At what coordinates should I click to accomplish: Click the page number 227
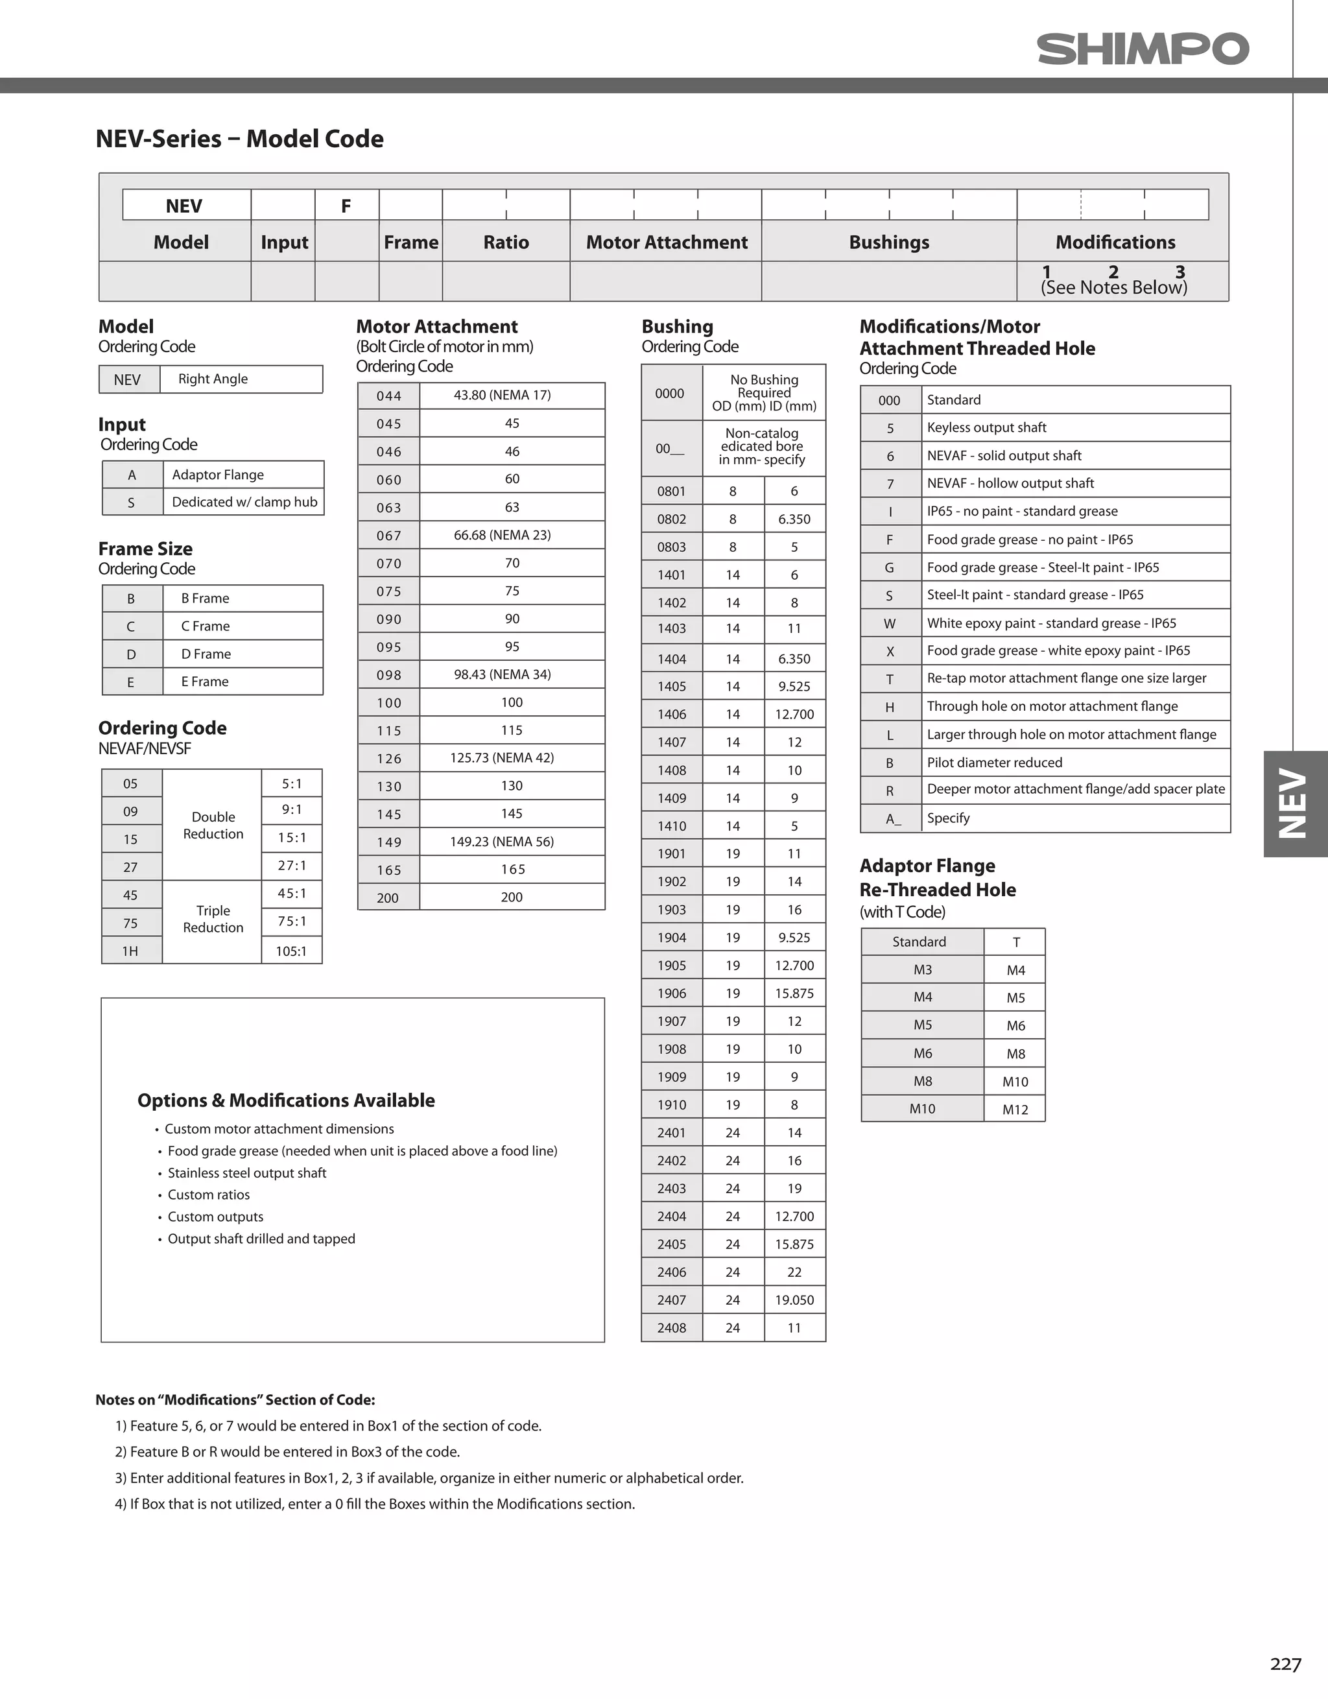1285,1664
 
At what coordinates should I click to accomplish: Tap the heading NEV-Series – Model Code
240,139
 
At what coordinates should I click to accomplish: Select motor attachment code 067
389,535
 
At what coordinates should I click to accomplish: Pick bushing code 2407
671,1300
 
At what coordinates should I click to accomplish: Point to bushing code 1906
671,993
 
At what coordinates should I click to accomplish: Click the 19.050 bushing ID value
794,1300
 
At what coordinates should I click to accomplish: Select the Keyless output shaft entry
986,428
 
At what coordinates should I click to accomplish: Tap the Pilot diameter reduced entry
994,763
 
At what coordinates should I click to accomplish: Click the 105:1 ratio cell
291,951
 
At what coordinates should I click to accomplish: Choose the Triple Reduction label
213,919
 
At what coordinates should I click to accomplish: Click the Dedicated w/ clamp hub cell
244,503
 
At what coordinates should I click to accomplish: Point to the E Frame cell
205,682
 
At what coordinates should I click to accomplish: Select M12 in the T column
1015,1110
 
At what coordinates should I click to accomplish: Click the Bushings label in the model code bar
889,243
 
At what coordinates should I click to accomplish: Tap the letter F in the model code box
346,206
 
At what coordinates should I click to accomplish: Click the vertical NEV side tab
1294,803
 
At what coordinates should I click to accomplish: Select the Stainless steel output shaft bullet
246,1173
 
